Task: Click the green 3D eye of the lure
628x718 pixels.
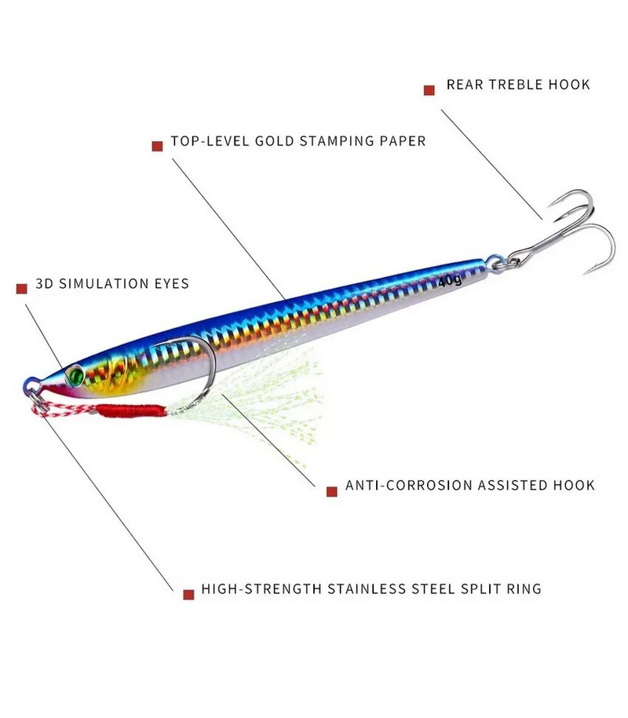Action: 75,374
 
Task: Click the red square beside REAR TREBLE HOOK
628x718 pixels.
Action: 429,90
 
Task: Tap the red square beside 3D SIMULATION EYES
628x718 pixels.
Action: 22,289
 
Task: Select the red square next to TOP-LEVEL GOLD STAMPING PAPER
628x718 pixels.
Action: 156,146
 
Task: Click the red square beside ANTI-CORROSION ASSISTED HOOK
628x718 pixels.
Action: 331,491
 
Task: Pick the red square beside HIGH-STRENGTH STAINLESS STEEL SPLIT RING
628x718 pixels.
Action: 188,594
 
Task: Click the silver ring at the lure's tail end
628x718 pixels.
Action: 495,262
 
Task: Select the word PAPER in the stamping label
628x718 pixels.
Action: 401,142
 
